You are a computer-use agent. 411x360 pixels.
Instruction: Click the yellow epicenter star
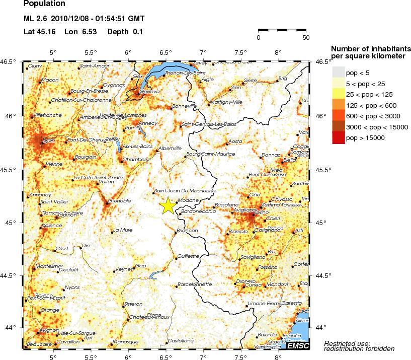168,206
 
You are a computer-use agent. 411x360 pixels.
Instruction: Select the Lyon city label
49,140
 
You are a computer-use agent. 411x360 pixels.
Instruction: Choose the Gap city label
141,265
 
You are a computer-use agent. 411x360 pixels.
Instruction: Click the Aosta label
235,141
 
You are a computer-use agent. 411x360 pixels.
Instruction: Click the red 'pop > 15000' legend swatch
338,138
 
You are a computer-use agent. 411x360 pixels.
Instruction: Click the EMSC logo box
296,345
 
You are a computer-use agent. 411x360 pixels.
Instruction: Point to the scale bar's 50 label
306,37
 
